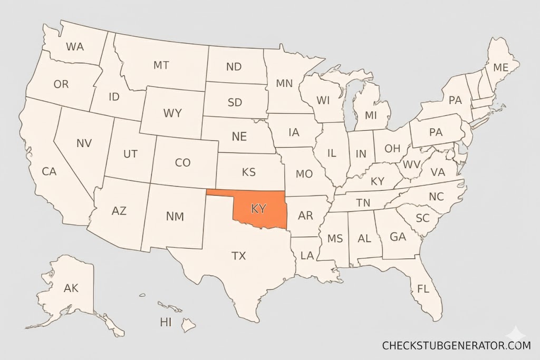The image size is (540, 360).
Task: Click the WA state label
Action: tap(75, 46)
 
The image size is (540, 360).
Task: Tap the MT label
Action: tap(161, 65)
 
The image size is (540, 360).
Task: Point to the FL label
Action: tap(423, 289)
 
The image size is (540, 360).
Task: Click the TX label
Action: tap(238, 256)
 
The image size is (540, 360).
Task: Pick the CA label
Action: tap(49, 171)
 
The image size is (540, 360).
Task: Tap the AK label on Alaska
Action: tap(71, 288)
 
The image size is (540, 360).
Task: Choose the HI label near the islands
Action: tap(166, 322)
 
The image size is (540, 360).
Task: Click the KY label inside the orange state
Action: tap(258, 209)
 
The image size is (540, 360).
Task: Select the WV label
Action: tap(412, 164)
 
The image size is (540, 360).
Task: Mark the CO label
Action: tap(182, 163)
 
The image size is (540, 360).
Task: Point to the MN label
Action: tap(284, 83)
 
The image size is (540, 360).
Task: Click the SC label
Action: tap(422, 218)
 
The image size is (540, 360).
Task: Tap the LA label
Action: tap(307, 256)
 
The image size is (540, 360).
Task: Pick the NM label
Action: tap(175, 216)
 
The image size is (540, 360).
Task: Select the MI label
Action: tap(371, 115)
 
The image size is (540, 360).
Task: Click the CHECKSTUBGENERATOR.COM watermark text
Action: tap(456, 346)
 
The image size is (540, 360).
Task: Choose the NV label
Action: tap(84, 143)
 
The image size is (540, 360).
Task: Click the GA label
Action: tap(398, 237)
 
